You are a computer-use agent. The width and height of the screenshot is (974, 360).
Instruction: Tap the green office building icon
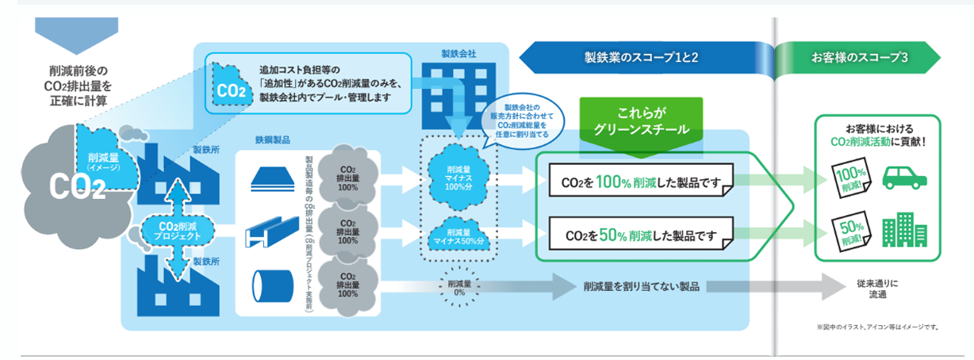[904, 231]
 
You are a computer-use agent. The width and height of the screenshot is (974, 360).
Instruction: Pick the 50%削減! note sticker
[849, 231]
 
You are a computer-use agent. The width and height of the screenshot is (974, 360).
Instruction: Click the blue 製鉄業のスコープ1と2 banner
[639, 57]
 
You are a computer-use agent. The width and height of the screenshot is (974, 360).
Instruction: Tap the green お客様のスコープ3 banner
[858, 57]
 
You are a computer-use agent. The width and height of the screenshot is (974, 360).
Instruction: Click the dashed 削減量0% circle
[460, 287]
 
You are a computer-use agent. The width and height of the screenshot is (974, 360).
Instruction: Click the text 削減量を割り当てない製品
[641, 286]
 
